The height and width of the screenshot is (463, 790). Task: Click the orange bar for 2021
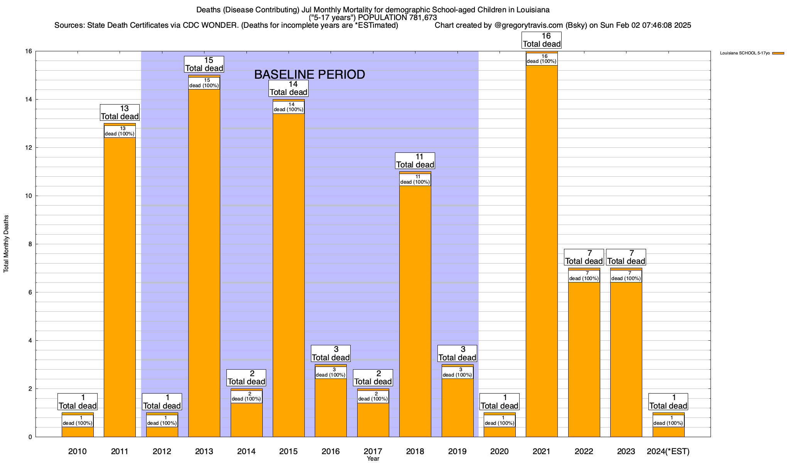[x=542, y=251]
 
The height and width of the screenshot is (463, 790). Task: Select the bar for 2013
[x=204, y=262]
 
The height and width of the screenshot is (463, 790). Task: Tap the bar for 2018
[x=415, y=309]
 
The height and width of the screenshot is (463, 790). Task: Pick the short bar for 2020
[x=500, y=431]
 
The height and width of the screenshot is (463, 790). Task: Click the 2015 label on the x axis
[x=289, y=451]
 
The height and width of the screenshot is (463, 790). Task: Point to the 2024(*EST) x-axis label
[x=668, y=451]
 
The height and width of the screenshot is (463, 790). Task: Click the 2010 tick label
[x=78, y=451]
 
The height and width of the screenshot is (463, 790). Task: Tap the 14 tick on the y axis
[x=29, y=100]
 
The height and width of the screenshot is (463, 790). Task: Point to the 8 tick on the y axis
[x=30, y=244]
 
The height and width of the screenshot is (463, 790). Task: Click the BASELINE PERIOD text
[x=309, y=74]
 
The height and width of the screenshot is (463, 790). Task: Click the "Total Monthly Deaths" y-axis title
[x=6, y=244]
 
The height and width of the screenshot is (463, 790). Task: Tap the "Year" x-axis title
[x=373, y=459]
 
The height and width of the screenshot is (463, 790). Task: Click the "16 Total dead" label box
[x=542, y=40]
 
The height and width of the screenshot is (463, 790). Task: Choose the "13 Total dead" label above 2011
[x=120, y=113]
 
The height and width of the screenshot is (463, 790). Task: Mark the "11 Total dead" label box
[x=415, y=161]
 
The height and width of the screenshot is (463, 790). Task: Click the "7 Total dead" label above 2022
[x=584, y=257]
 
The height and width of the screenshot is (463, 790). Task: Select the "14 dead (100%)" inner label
[x=289, y=107]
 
